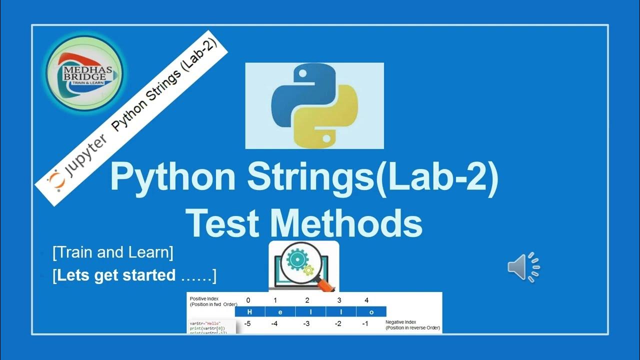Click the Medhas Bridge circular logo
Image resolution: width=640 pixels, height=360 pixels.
(x=84, y=73)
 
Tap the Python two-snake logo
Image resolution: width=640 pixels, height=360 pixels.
(x=314, y=106)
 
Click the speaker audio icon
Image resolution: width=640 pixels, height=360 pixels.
(x=523, y=266)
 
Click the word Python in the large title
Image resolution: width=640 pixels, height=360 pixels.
(x=172, y=177)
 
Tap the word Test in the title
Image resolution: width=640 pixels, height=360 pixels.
(x=224, y=223)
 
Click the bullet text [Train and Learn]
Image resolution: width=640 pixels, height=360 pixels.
(x=113, y=252)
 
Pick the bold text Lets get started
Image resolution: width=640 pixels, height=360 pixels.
(x=116, y=275)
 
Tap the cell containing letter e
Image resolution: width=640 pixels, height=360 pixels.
(x=280, y=311)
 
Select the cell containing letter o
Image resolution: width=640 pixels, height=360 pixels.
(x=371, y=311)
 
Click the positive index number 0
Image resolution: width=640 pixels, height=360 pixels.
(x=248, y=300)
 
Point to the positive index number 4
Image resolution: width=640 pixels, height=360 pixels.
(x=366, y=300)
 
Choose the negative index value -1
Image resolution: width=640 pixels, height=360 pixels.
(x=365, y=323)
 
